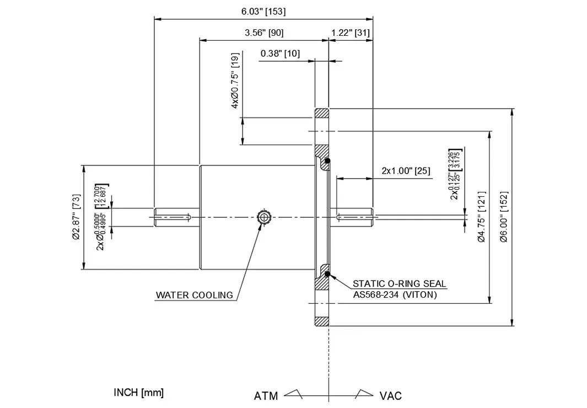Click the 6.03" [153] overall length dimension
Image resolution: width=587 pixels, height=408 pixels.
[263, 12]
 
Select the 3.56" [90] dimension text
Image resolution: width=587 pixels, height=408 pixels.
[263, 33]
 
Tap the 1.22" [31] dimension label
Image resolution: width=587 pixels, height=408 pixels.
[350, 33]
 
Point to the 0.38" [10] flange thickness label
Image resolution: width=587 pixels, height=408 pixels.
[280, 53]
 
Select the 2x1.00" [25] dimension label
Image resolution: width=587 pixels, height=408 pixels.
[406, 171]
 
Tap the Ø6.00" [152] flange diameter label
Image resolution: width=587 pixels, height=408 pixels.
[504, 217]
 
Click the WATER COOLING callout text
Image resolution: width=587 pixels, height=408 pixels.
[194, 295]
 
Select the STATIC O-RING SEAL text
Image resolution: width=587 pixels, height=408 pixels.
[400, 284]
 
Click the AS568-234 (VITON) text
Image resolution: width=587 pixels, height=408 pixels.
[395, 294]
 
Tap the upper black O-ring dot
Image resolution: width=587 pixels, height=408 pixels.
[327, 161]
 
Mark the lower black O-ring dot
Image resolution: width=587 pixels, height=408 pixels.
[327, 273]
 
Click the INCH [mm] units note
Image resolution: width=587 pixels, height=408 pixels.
[138, 393]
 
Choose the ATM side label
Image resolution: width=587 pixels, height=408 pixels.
[266, 396]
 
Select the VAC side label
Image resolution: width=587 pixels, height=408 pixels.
[390, 396]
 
